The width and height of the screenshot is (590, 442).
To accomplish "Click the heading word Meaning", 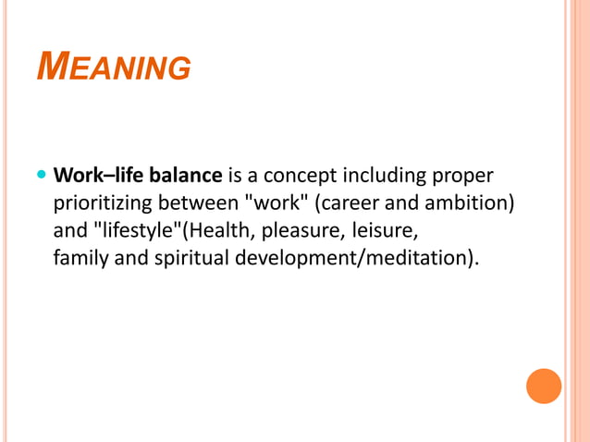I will coord(114,67).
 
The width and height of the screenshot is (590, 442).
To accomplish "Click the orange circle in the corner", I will coord(544,386).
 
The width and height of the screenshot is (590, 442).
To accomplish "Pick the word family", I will coord(80,256).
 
